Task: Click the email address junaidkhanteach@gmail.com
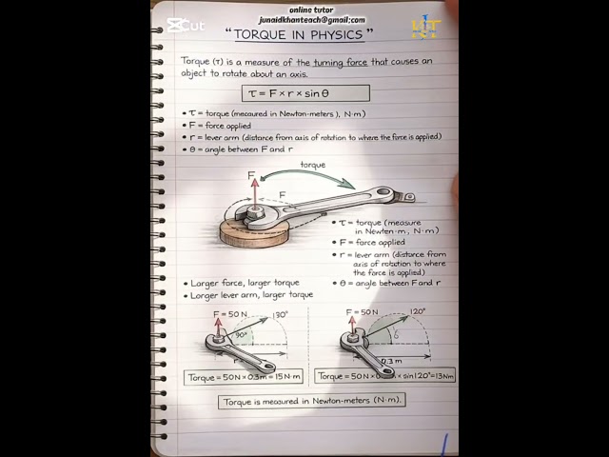pos(311,19)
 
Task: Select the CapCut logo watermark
pos(184,26)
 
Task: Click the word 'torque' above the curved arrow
pos(312,165)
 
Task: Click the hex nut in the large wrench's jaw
pos(254,213)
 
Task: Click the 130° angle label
pos(281,314)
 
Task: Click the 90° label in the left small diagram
pos(241,334)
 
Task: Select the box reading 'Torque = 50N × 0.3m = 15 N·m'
pos(244,377)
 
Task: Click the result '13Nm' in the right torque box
pos(441,377)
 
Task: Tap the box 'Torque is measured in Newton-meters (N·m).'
pos(311,401)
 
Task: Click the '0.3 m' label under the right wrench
pos(391,361)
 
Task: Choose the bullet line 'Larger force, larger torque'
pos(245,283)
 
